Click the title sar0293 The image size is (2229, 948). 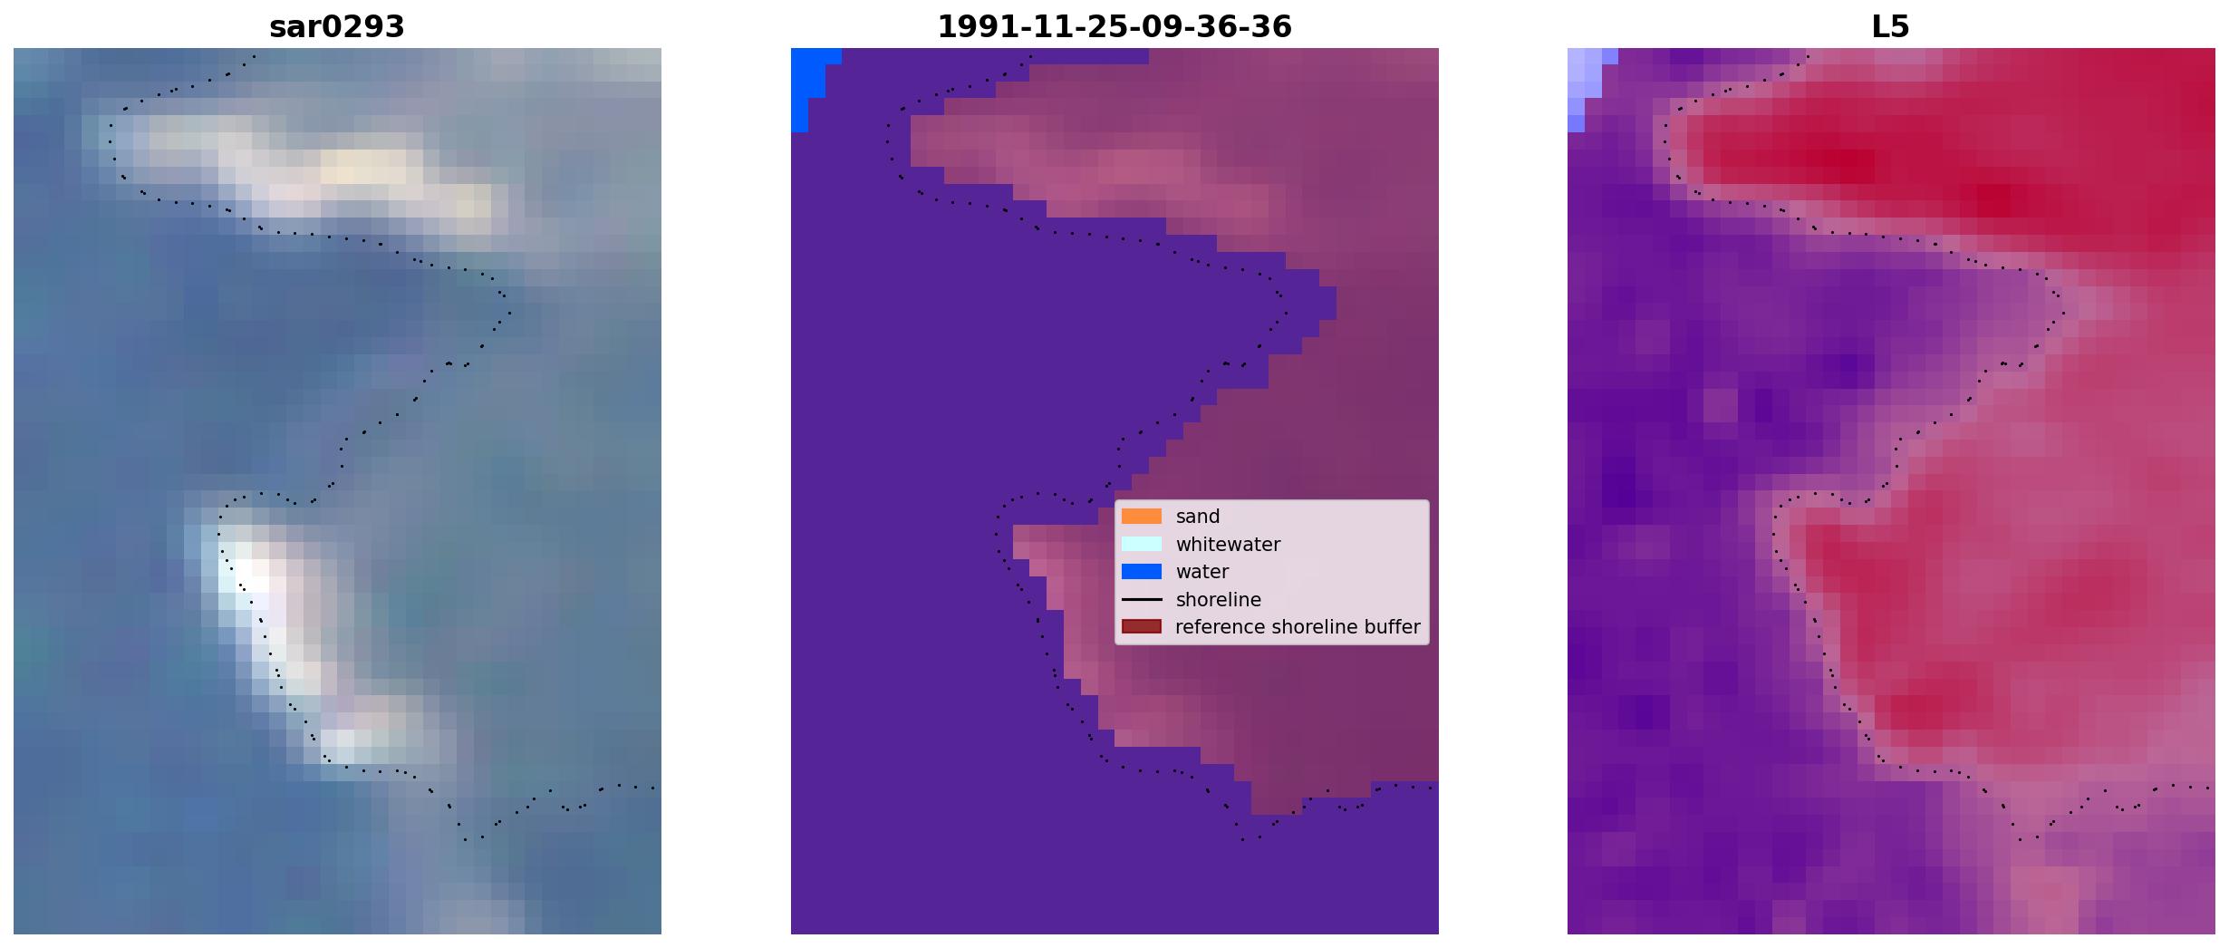[x=337, y=26]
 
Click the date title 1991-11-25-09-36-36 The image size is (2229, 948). [x=1114, y=26]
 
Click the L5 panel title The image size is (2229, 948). [x=1891, y=26]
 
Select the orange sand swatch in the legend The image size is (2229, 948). [x=1142, y=517]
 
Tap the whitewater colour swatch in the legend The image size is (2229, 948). [x=1142, y=544]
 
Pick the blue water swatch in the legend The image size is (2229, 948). [x=1142, y=572]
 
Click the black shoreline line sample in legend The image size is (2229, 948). [x=1142, y=600]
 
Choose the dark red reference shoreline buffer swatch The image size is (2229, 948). [x=1142, y=627]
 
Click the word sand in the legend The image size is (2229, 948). [x=1198, y=517]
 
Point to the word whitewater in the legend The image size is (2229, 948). [x=1228, y=545]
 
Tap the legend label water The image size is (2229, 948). [x=1202, y=572]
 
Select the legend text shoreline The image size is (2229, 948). [x=1219, y=600]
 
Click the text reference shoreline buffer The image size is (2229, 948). [x=1298, y=627]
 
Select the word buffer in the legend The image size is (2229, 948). [x=1393, y=627]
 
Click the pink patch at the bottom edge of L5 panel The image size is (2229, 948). [x=2044, y=900]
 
